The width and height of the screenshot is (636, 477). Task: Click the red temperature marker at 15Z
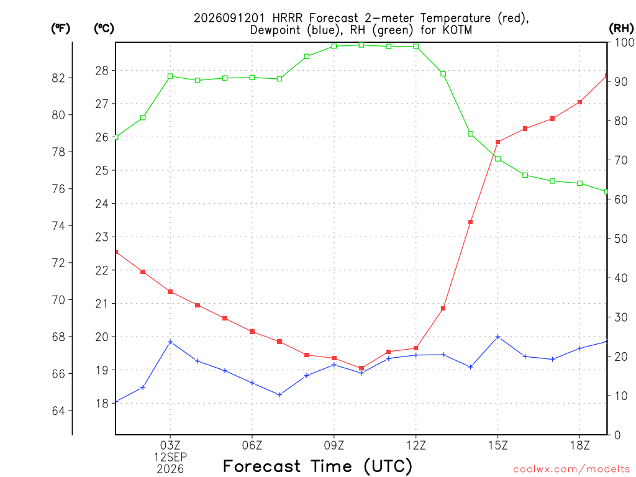pos(497,142)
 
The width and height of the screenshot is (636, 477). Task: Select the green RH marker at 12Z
pos(416,46)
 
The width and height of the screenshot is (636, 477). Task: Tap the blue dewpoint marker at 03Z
pos(170,342)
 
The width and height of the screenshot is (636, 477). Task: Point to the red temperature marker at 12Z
pos(416,348)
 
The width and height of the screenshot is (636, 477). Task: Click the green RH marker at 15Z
pos(497,158)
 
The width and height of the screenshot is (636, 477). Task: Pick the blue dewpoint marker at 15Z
pos(497,337)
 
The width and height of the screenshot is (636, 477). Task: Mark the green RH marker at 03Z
pos(170,76)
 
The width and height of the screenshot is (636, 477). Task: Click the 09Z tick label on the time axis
pos(334,445)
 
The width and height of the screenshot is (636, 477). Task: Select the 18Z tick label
pos(579,445)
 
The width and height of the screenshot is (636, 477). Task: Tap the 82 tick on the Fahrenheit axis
pos(58,78)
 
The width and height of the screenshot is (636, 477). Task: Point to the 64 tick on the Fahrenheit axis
pos(58,411)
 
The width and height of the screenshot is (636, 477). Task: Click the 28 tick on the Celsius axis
pos(102,71)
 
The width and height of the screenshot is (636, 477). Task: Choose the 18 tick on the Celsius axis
pos(102,403)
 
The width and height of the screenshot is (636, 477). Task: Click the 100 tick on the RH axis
pos(625,42)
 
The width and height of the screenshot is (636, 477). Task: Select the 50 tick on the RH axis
pos(620,238)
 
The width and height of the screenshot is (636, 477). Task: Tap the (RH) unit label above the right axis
pos(621,29)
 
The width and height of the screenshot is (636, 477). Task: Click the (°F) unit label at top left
pos(60,29)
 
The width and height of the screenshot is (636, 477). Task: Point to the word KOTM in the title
pos(457,30)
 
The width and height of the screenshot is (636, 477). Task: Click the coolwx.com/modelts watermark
pos(571,469)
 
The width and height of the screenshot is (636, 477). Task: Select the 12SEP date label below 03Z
pos(170,457)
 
